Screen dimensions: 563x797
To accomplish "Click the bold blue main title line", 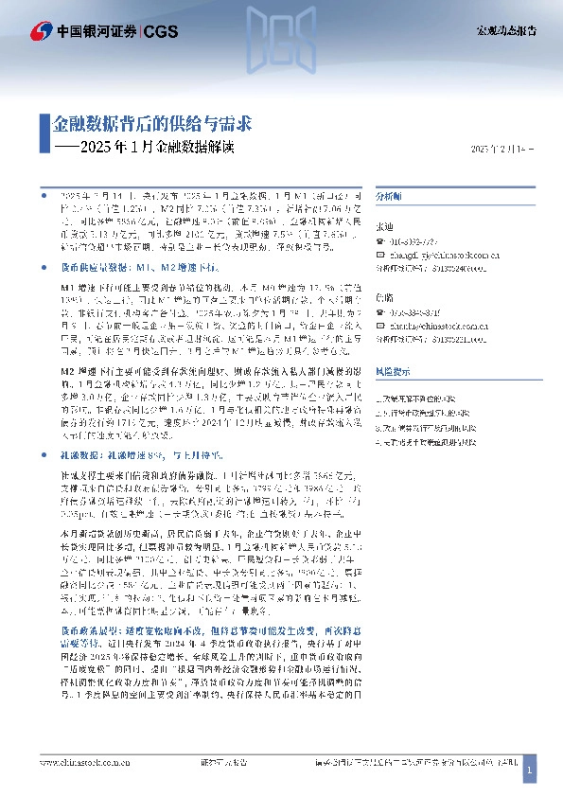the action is [x=151, y=123].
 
